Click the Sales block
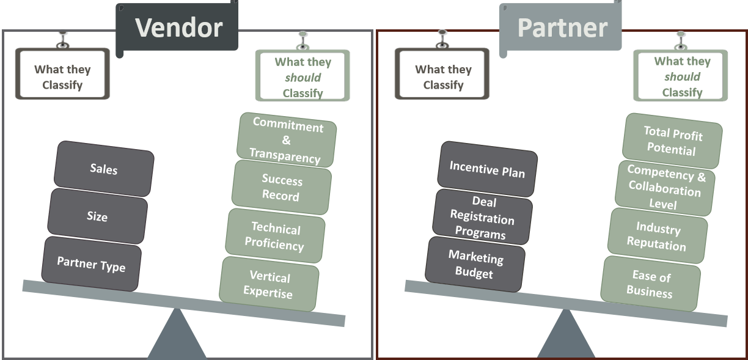pyautogui.click(x=103, y=168)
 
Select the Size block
pyautogui.click(x=97, y=216)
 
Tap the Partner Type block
pyautogui.click(x=91, y=264)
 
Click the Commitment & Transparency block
pyautogui.click(x=286, y=141)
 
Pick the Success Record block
pyautogui.click(x=281, y=188)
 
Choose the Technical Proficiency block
pyautogui.click(x=275, y=237)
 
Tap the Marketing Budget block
pyautogui.click(x=475, y=265)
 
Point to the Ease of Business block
pyautogui.click(x=650, y=284)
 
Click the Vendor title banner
pyautogui.click(x=177, y=28)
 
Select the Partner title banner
pyautogui.click(x=561, y=28)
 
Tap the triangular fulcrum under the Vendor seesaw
pyautogui.click(x=177, y=336)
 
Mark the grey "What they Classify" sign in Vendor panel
pyautogui.click(x=62, y=76)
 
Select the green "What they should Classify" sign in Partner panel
pyautogui.click(x=681, y=76)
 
